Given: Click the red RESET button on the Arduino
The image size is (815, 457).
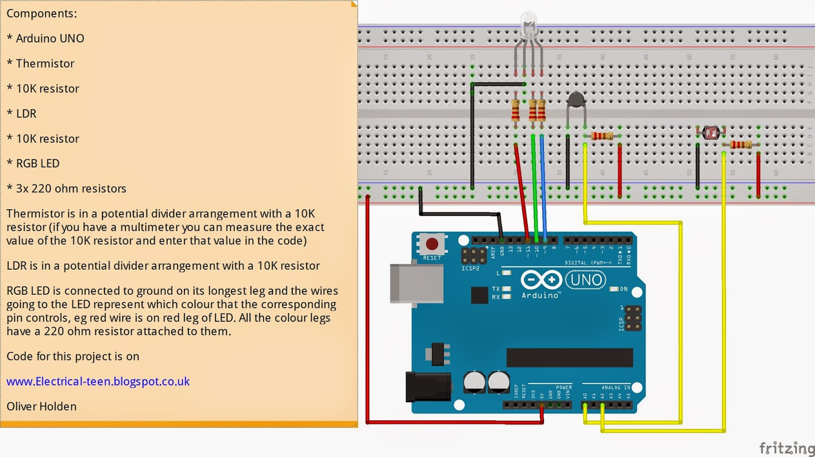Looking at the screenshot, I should tap(432, 244).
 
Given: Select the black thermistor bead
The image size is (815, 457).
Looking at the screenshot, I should tap(576, 100).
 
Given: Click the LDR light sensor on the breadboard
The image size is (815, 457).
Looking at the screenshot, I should tap(711, 133).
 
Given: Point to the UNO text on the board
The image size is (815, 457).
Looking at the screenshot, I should tap(586, 280).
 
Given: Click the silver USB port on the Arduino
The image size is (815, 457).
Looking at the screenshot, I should tap(416, 283).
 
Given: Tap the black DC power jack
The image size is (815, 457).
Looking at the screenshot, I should tap(428, 387).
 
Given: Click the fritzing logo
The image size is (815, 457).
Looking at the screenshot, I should tap(786, 448).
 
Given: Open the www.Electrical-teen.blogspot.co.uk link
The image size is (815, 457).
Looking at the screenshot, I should tap(98, 381).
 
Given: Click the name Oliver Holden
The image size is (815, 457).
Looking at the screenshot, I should tap(41, 406).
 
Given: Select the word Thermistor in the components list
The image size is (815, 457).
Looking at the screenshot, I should tap(45, 64).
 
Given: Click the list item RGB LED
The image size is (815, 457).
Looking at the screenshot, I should tap(38, 163).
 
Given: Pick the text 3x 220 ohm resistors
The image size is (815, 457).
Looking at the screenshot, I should tap(71, 188).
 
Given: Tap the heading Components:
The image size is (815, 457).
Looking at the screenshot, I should tap(42, 14).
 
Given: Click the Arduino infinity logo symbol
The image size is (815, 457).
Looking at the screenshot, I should tap(541, 279).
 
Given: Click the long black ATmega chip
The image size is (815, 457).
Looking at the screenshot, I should tap(569, 358).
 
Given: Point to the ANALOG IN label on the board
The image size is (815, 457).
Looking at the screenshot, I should tap(615, 388).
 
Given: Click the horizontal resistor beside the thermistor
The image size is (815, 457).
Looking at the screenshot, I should tap(602, 136).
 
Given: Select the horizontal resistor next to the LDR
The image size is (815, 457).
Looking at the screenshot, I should tap(741, 145).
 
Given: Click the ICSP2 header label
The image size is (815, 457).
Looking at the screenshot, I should tap(470, 268).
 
